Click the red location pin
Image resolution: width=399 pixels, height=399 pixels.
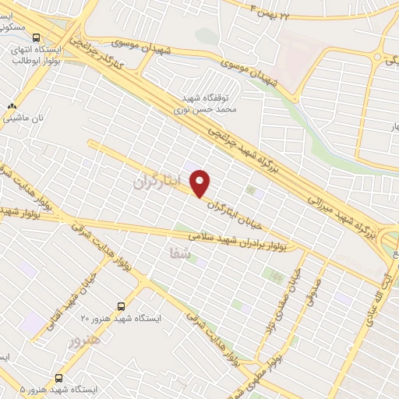point(201,184)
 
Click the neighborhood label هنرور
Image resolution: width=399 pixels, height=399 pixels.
point(85,340)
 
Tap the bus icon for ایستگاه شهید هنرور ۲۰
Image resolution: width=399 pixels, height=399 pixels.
point(121,306)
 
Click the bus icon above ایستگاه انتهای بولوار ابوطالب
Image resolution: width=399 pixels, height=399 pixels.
point(36,37)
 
